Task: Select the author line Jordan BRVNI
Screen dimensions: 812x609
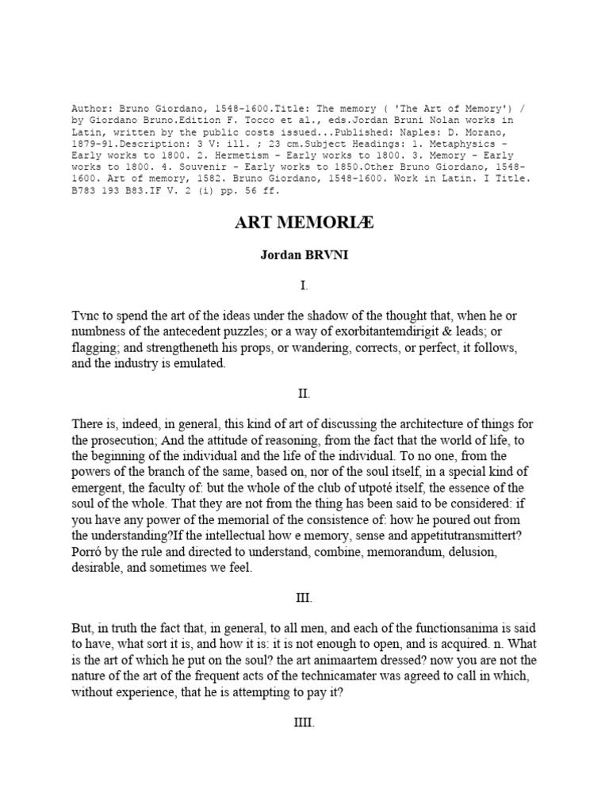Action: pos(304,258)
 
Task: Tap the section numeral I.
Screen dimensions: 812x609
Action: pos(304,285)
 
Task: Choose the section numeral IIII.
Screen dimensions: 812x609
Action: pos(304,722)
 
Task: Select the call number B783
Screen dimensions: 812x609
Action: pos(86,190)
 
